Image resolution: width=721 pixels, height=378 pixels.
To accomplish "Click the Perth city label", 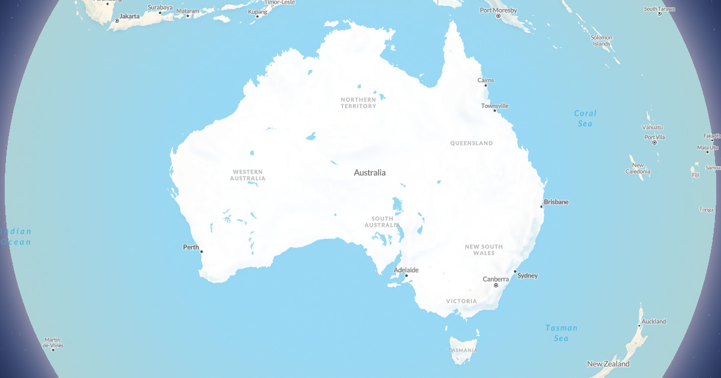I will pyautogui.click(x=191, y=247).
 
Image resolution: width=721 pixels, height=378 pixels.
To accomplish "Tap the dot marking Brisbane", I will pyautogui.click(x=541, y=207).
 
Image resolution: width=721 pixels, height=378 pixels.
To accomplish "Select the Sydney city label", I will pyautogui.click(x=528, y=275).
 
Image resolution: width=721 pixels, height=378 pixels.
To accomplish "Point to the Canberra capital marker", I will pyautogui.click(x=496, y=286).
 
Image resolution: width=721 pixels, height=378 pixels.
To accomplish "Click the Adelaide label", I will pyautogui.click(x=406, y=270).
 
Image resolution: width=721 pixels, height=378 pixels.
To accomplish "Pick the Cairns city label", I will pyautogui.click(x=485, y=80).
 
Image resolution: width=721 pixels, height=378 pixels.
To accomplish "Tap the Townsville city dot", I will pyautogui.click(x=495, y=111).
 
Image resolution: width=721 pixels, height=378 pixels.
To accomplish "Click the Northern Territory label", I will pyautogui.click(x=358, y=103).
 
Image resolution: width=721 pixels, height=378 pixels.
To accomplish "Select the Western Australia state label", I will pyautogui.click(x=248, y=175).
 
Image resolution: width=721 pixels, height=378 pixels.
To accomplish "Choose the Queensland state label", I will pyautogui.click(x=471, y=143).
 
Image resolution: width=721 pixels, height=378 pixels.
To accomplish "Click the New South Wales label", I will pyautogui.click(x=484, y=250).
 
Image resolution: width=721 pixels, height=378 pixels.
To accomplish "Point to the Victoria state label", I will pyautogui.click(x=461, y=301).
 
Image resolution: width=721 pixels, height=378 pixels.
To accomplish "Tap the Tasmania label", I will pyautogui.click(x=463, y=350).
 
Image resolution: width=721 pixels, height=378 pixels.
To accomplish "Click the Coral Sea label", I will pyautogui.click(x=585, y=118).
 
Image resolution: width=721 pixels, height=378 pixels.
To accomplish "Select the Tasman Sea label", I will pyautogui.click(x=561, y=332).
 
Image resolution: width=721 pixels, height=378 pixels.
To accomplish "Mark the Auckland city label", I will pyautogui.click(x=654, y=322).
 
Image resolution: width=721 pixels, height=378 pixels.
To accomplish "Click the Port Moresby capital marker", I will pyautogui.click(x=498, y=16).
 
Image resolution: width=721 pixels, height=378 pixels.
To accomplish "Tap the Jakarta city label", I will pyautogui.click(x=129, y=16).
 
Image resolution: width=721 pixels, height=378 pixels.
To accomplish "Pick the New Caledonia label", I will pyautogui.click(x=638, y=168).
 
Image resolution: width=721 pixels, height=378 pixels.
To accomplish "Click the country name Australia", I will pyautogui.click(x=370, y=173).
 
